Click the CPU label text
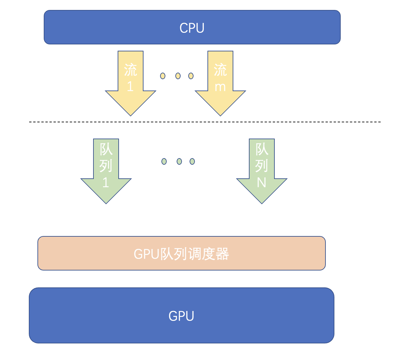click(x=192, y=28)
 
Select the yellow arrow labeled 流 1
click(x=131, y=83)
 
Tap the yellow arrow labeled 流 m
click(x=220, y=83)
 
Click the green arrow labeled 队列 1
click(x=106, y=171)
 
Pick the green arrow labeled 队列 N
click(x=262, y=171)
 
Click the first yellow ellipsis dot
click(x=163, y=76)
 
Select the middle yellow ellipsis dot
click(x=178, y=76)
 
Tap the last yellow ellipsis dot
click(x=191, y=76)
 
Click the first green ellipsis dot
click(x=164, y=161)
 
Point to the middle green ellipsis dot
click(x=179, y=161)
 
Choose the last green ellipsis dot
click(x=192, y=161)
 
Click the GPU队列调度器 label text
click(x=181, y=254)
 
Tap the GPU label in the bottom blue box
click(x=181, y=316)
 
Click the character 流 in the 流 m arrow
click(x=220, y=70)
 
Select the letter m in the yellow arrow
click(x=220, y=87)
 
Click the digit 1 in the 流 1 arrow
click(x=130, y=86)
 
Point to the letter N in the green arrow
click(x=261, y=182)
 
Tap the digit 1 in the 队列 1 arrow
click(x=106, y=182)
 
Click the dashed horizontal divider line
click(x=205, y=122)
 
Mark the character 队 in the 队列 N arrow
click(x=262, y=149)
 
